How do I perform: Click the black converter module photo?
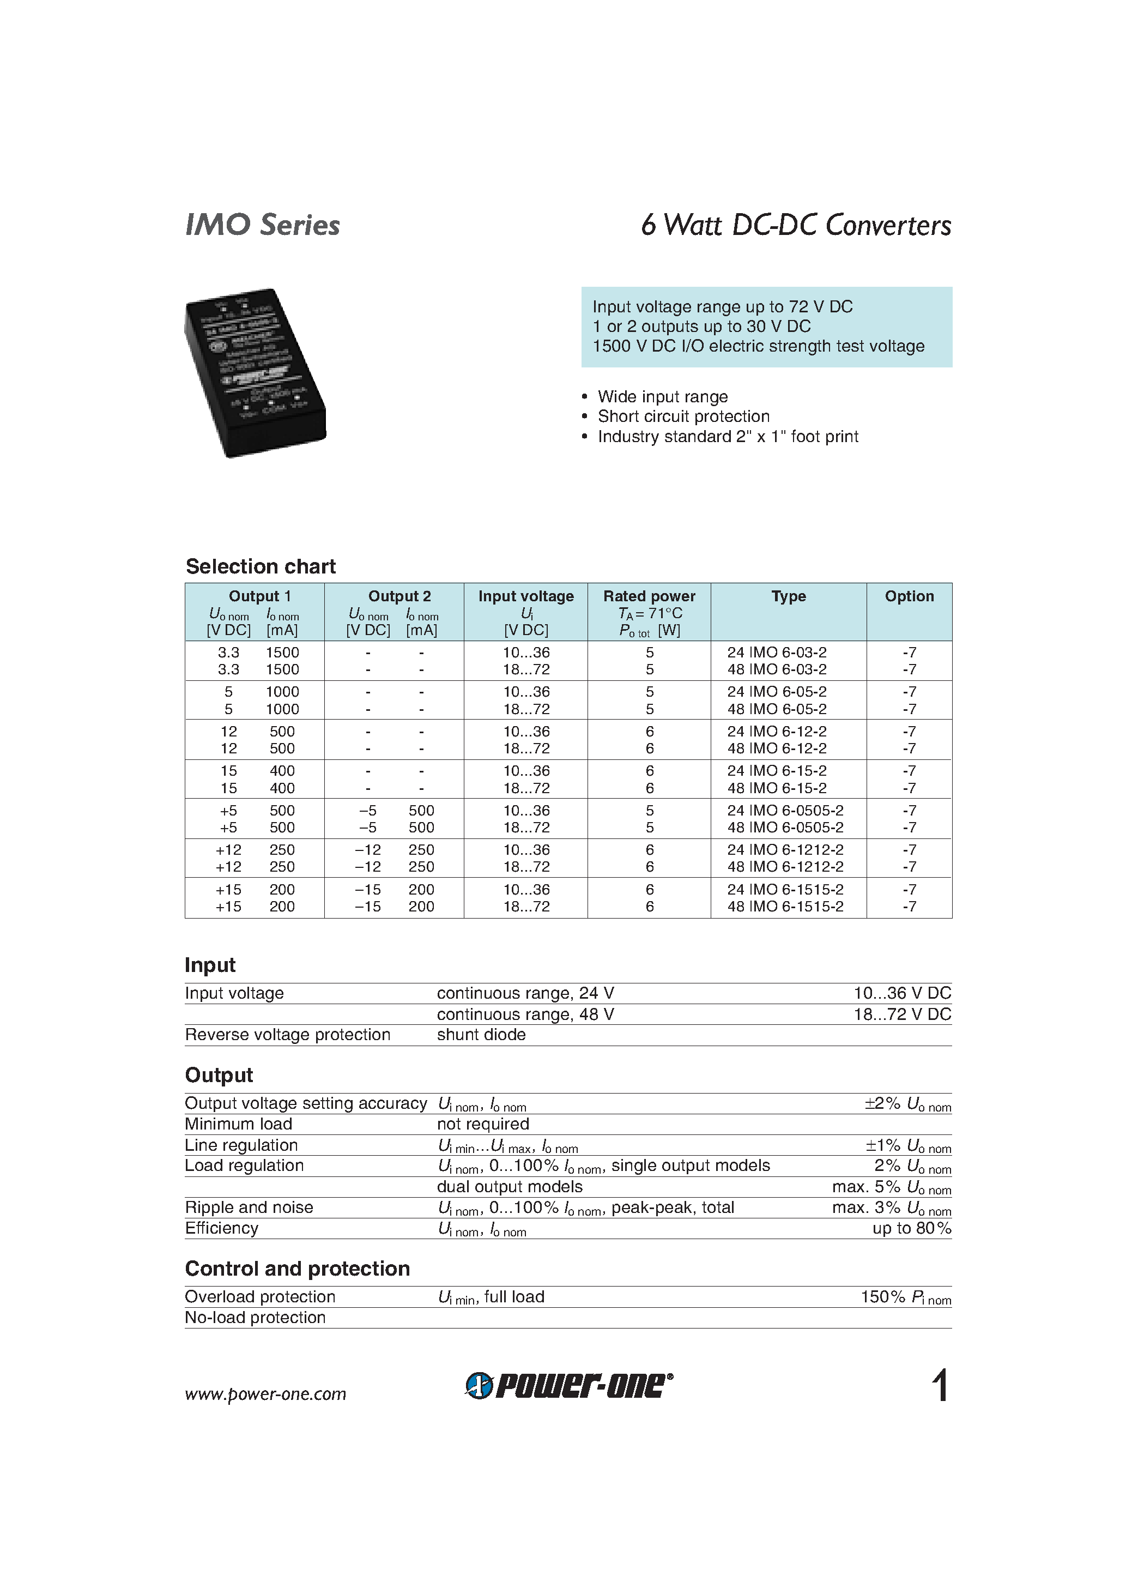(x=256, y=373)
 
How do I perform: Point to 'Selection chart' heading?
(x=261, y=566)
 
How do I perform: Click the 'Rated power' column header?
(x=649, y=596)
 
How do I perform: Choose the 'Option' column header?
(x=909, y=596)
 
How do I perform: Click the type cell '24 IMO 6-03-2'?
(x=777, y=653)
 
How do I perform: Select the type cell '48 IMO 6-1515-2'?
(x=785, y=907)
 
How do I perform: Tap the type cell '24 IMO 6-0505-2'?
(x=785, y=811)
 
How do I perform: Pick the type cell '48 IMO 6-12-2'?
(x=777, y=748)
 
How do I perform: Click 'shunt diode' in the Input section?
(x=481, y=1035)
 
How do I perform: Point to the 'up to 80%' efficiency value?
(x=911, y=1228)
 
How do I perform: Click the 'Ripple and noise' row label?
(x=249, y=1207)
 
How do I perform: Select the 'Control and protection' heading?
(x=297, y=1269)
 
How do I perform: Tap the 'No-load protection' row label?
(x=255, y=1317)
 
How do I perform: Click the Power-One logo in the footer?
(x=568, y=1386)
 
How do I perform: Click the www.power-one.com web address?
(x=265, y=1394)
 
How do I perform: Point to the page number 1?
(x=940, y=1386)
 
